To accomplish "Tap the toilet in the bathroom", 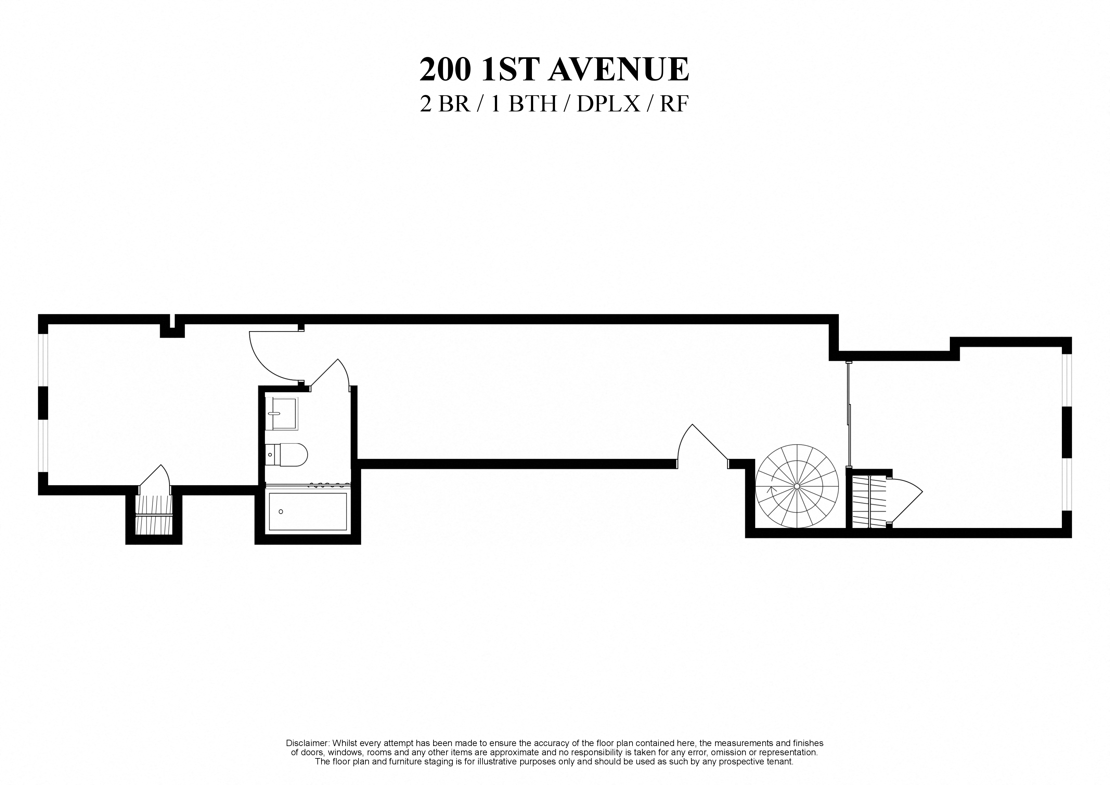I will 287,455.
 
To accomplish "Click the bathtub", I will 308,511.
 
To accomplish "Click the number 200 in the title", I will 445,70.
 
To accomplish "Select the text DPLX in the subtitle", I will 608,104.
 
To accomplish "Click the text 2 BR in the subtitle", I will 445,104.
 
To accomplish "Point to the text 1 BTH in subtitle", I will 525,104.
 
